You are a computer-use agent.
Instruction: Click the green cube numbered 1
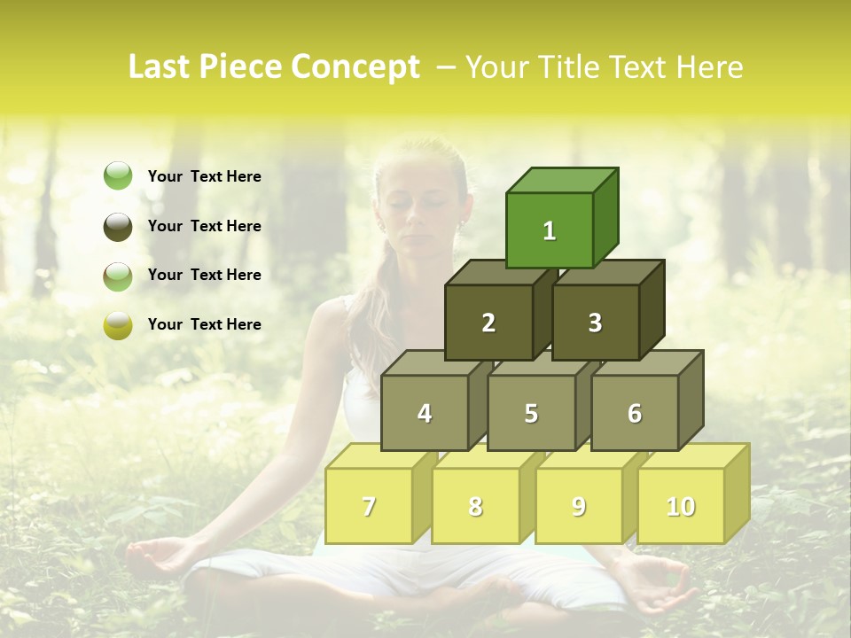[x=550, y=230]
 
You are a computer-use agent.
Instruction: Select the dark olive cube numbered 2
[x=488, y=323]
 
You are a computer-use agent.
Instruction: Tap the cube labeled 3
[x=595, y=323]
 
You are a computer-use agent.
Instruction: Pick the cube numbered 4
[x=425, y=413]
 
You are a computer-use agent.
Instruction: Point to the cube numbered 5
[x=531, y=413]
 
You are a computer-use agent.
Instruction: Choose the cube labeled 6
[x=635, y=413]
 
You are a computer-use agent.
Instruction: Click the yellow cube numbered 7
[x=369, y=506]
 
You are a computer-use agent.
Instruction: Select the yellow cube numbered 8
[x=475, y=506]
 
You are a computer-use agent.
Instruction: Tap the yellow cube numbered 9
[x=579, y=506]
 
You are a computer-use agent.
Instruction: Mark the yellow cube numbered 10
[x=681, y=506]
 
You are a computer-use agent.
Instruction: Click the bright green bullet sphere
[x=118, y=176]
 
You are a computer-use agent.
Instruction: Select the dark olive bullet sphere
[x=118, y=226]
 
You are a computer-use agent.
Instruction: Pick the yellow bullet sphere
[x=118, y=325]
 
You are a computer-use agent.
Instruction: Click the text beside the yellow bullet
[x=205, y=324]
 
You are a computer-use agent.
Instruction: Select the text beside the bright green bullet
[x=205, y=176]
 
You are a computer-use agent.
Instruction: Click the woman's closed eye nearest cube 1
[x=436, y=202]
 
